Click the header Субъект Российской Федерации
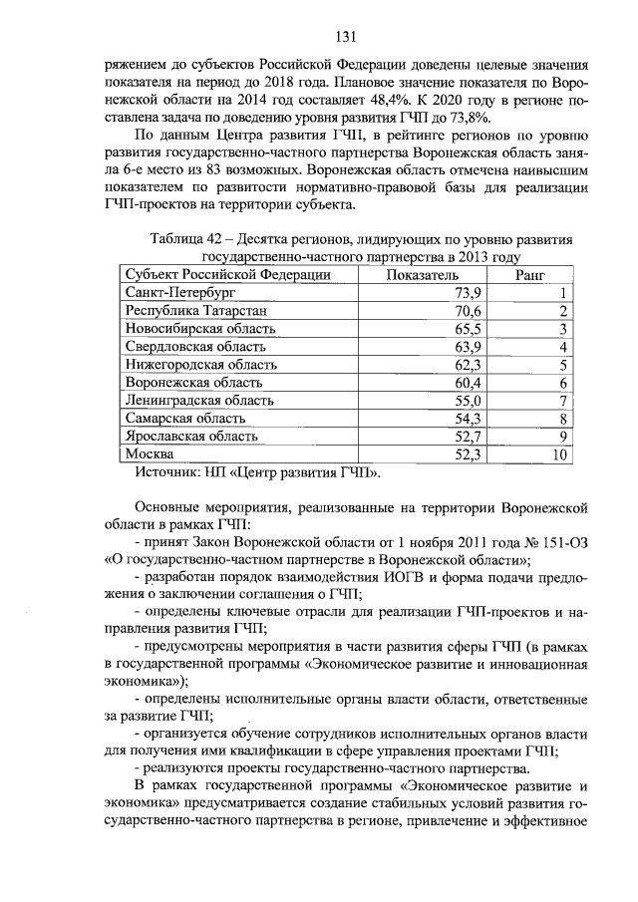tap(228, 274)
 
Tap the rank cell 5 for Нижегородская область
tap(563, 365)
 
